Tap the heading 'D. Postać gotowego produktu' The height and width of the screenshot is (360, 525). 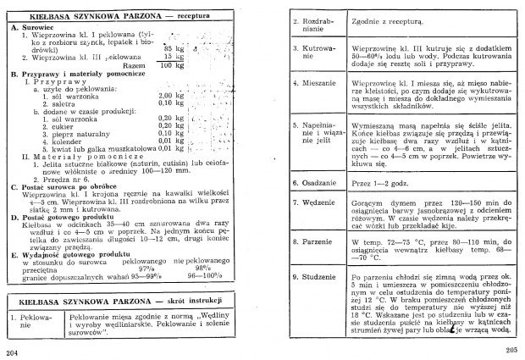tap(61, 216)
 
